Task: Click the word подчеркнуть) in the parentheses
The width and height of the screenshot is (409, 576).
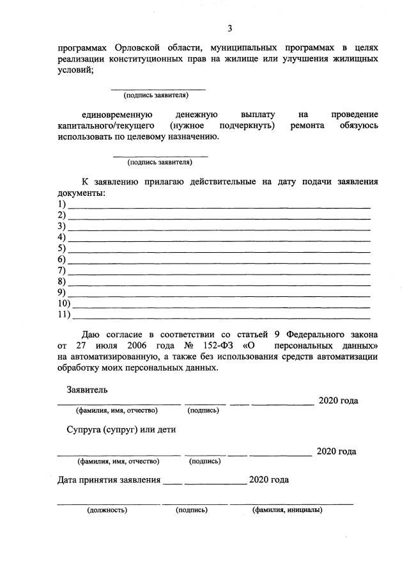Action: pos(247,125)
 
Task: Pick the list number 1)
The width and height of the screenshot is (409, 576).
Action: pos(62,204)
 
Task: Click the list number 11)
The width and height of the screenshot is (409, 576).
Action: pos(64,314)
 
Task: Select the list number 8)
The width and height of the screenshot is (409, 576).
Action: pos(62,281)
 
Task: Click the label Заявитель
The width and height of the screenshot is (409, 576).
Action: pos(87,390)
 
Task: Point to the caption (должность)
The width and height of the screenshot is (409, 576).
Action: pos(107,510)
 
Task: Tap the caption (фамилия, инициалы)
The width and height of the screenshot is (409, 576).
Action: pos(287,510)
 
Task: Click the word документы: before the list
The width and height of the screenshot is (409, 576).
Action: pos(81,193)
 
